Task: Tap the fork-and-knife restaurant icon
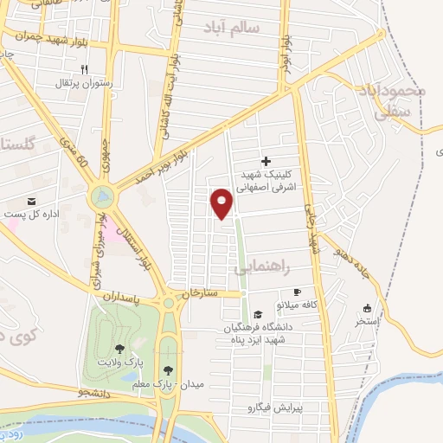click(x=84, y=68)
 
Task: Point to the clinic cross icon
click(x=266, y=160)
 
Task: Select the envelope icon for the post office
click(x=32, y=201)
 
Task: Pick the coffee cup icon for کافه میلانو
click(x=298, y=292)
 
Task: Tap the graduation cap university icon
click(x=258, y=313)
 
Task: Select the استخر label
click(x=369, y=321)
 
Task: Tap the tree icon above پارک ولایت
click(x=119, y=349)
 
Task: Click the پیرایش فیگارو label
click(x=276, y=407)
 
